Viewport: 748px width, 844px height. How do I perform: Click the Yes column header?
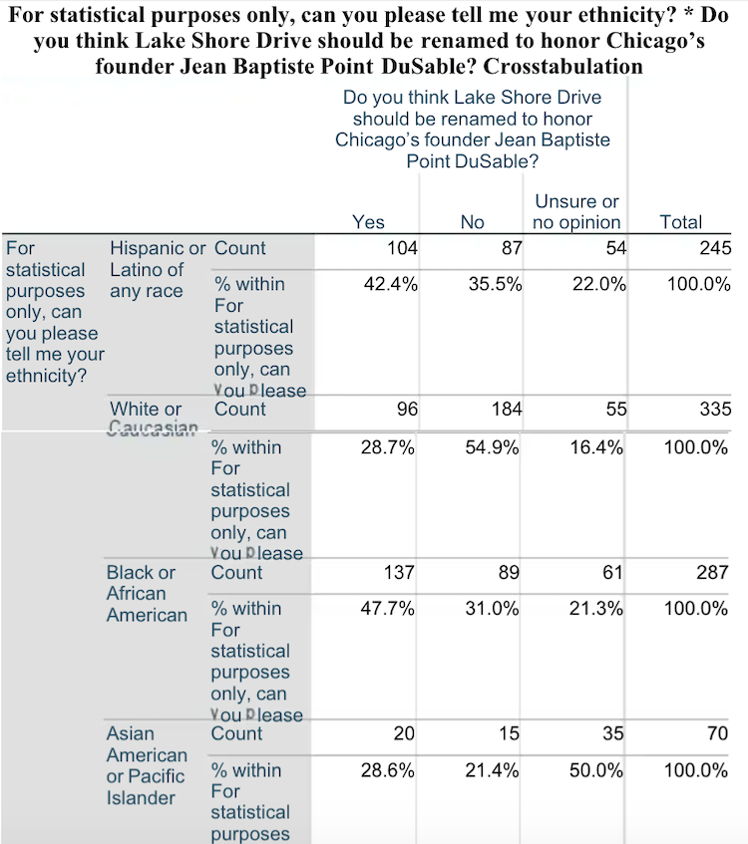click(368, 222)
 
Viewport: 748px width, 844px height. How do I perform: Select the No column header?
click(472, 222)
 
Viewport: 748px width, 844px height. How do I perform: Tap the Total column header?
click(681, 222)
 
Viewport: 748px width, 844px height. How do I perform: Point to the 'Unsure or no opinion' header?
click(577, 211)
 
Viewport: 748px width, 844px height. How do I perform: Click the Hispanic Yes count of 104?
click(402, 248)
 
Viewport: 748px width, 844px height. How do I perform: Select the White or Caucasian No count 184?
click(504, 409)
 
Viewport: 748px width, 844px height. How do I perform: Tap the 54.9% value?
click(494, 447)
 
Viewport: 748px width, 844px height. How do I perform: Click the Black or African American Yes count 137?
click(399, 572)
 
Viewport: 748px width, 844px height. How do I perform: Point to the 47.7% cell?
click(388, 609)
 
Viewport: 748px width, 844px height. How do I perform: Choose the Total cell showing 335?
click(715, 409)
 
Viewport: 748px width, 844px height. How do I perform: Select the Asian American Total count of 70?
click(717, 733)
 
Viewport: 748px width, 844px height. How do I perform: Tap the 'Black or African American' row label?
click(146, 593)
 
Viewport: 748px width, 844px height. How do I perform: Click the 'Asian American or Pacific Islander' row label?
click(146, 765)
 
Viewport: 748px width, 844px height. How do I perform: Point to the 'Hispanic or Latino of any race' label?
click(157, 269)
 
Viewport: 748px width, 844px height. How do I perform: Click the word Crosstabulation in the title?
click(562, 68)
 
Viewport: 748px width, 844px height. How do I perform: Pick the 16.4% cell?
click(597, 447)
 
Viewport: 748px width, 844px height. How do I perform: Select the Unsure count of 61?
click(612, 572)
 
